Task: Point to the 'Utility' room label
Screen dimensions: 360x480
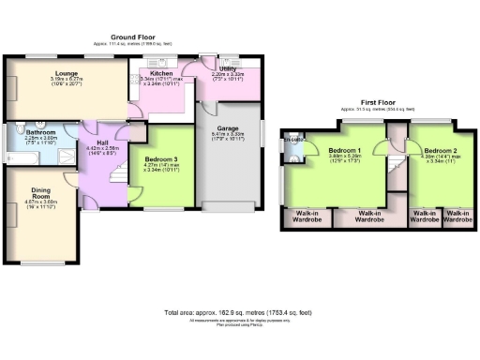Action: tap(226, 69)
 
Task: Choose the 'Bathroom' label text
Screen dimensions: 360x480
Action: tap(40, 133)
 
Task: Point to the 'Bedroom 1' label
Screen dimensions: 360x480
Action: tap(346, 150)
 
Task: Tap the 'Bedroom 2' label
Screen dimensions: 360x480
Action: tap(440, 150)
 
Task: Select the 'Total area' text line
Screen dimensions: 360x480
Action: tap(238, 312)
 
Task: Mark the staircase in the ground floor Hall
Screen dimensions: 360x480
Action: tap(117, 173)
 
